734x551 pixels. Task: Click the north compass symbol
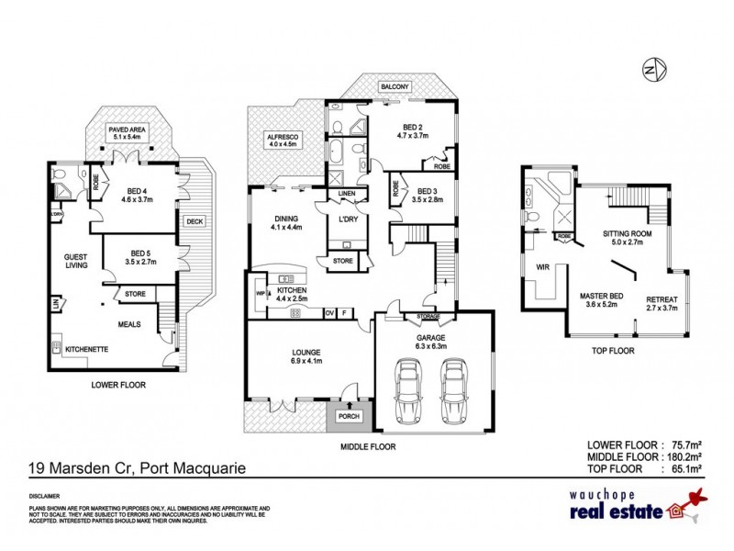click(x=652, y=70)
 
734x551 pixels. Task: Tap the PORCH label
click(x=350, y=416)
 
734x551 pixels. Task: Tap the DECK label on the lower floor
click(x=195, y=220)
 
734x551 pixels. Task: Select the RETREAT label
click(x=662, y=299)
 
